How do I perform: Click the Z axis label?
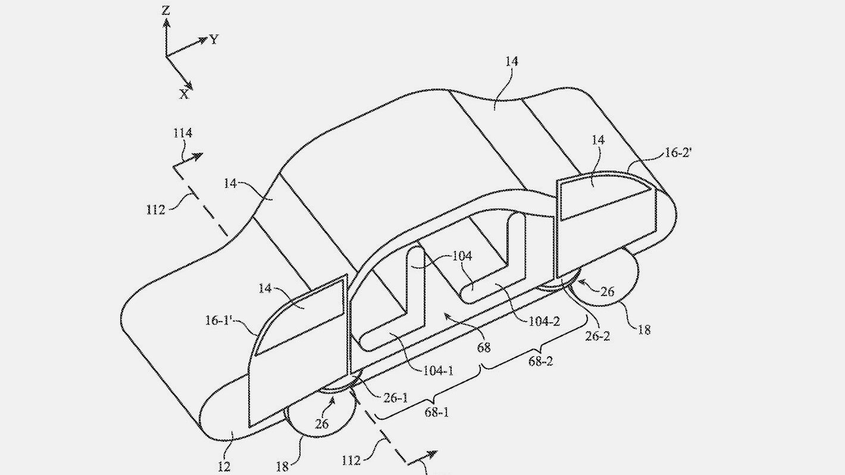coord(165,11)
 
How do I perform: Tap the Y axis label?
coord(214,40)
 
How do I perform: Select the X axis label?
coord(184,95)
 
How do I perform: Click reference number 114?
coord(183,133)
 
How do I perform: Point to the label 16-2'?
coord(678,153)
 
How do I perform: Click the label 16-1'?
coord(218,320)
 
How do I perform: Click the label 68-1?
coord(436,413)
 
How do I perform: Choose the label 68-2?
coord(540,361)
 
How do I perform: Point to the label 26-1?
coord(396,398)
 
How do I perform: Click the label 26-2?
coord(597,336)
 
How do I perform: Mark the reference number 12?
coord(224,467)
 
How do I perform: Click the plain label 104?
coord(462,256)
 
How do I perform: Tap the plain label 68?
coord(484,347)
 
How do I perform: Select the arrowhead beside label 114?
coord(198,157)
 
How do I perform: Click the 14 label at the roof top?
coord(512,61)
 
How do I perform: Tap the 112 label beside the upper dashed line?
coord(156,210)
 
